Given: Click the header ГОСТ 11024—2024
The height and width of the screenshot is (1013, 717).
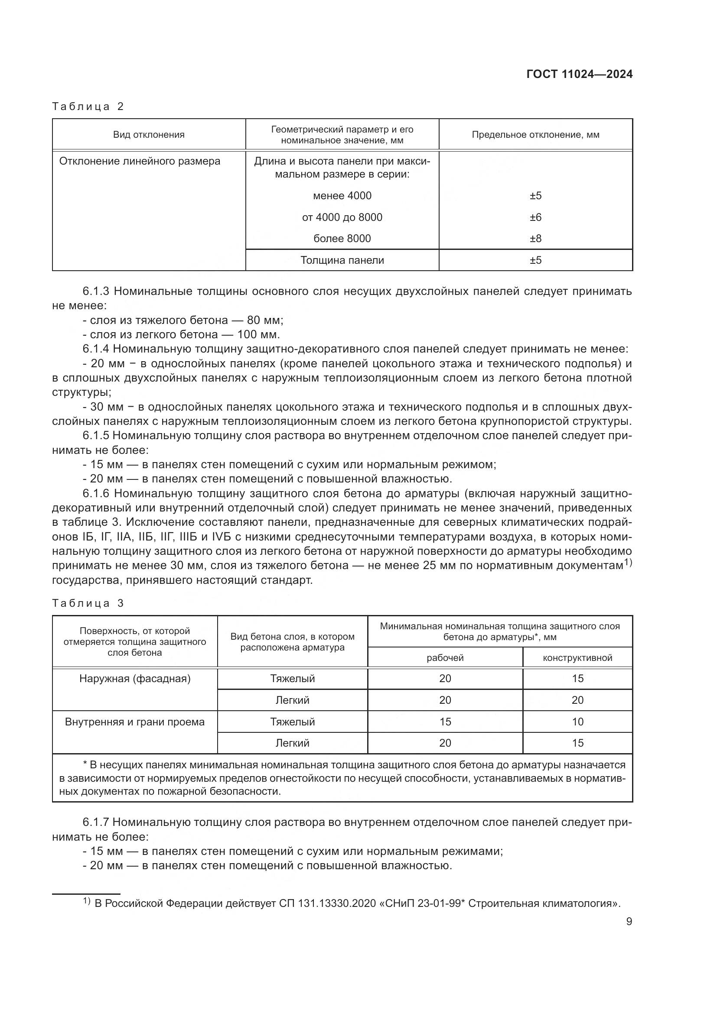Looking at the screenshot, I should (579, 74).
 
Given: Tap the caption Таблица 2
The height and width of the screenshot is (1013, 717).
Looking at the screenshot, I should (88, 107).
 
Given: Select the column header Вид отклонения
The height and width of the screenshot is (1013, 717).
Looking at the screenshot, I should (149, 135).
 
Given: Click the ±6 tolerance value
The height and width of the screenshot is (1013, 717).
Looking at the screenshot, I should (535, 217).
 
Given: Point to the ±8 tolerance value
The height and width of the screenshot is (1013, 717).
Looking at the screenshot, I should (535, 238).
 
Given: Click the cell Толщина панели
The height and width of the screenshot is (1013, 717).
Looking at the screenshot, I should (342, 260).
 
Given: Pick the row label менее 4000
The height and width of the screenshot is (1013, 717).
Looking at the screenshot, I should (342, 195).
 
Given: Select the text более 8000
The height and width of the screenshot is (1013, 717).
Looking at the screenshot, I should (342, 238).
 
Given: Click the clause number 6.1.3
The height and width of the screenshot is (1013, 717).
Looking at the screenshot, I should (97, 291).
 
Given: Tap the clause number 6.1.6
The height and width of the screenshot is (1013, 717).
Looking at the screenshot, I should (97, 493).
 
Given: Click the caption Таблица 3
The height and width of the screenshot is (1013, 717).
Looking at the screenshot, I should (88, 603).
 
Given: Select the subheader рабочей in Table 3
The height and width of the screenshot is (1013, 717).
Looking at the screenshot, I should (445, 658).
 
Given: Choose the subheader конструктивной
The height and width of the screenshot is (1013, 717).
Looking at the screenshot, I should (577, 658).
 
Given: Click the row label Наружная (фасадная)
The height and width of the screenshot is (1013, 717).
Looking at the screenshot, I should (135, 679).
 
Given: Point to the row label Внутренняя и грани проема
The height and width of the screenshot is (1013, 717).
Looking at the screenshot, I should (135, 722).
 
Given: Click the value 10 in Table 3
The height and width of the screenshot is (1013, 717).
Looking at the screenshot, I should (577, 722).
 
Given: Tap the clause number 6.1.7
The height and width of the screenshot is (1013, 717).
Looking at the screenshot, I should (97, 822).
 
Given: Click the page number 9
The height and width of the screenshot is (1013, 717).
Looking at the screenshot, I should (629, 921).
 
